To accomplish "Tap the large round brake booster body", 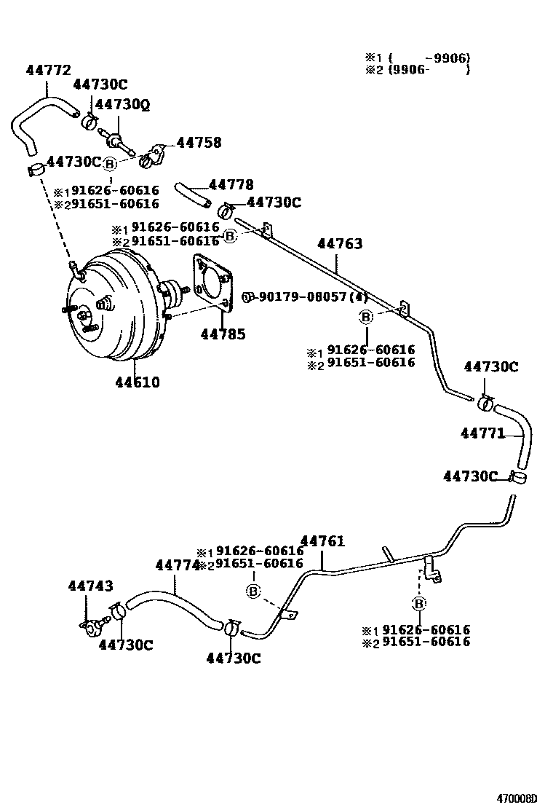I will [x=116, y=306].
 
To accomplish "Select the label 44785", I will [x=223, y=335].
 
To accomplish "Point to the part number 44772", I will [x=49, y=71].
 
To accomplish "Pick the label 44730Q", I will [x=122, y=105].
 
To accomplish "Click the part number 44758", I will [x=197, y=143].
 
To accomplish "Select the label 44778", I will [x=231, y=185].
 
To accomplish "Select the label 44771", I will [x=482, y=433].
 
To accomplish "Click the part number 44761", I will [x=322, y=541].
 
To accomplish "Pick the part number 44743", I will [x=90, y=586].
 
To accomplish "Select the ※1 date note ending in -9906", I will [x=418, y=57].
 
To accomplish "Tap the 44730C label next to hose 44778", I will [x=274, y=202].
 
